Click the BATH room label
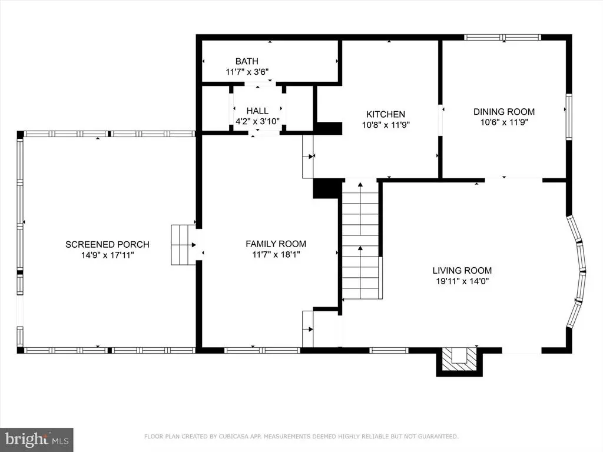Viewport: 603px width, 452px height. pos(247,61)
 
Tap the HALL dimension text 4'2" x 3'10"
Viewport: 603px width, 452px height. pos(257,121)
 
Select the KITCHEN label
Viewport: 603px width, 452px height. pos(385,114)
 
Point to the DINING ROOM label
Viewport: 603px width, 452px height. pos(504,112)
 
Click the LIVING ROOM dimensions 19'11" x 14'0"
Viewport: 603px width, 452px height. pos(462,281)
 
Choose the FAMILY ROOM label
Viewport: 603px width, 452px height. pos(276,244)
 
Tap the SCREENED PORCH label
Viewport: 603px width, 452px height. pos(107,244)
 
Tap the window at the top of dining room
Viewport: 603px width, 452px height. pos(503,37)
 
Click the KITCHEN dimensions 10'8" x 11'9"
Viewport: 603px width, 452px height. pos(386,125)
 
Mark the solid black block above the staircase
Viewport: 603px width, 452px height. pos(327,189)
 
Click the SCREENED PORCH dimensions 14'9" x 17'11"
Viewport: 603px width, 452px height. pos(107,255)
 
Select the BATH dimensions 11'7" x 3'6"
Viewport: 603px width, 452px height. pos(247,71)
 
